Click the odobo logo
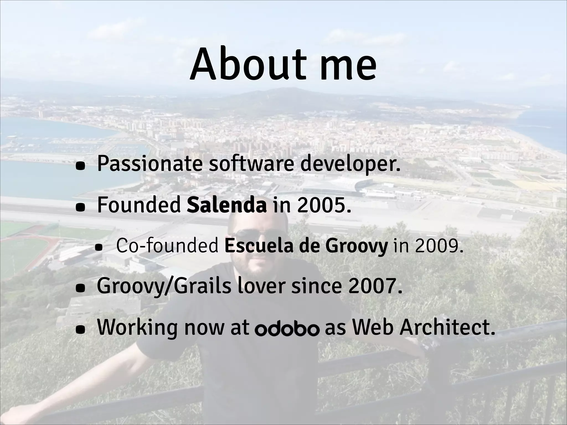(287, 329)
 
